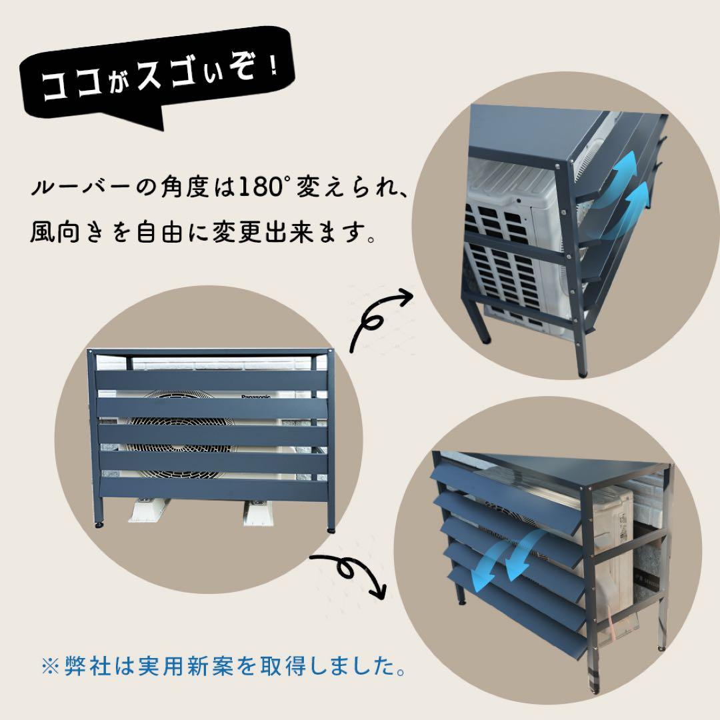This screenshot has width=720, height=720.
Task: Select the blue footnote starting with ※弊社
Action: pyautogui.click(x=223, y=666)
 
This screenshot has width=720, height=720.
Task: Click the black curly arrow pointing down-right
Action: pyautogui.click(x=354, y=574)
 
